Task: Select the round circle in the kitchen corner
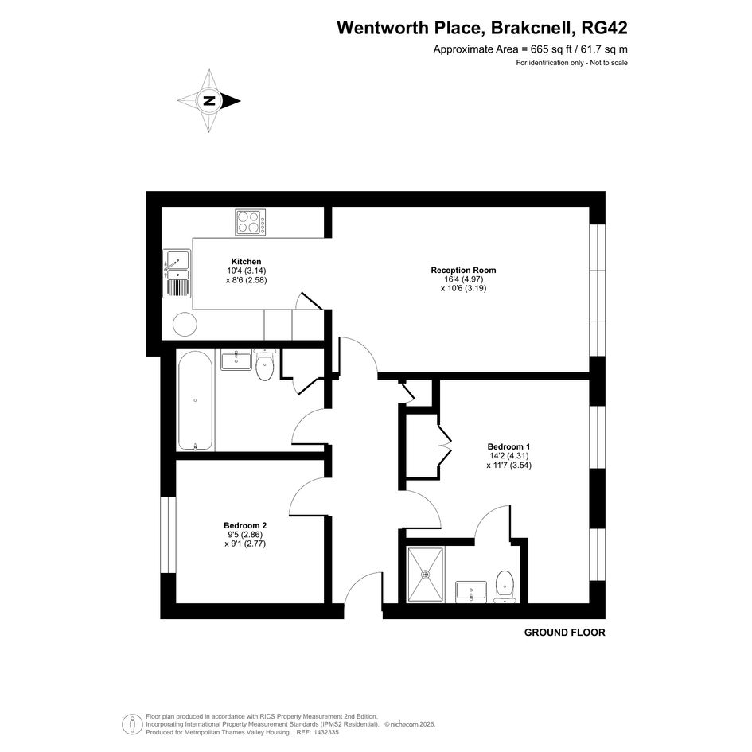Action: (185, 324)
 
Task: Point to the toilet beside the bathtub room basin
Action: (264, 364)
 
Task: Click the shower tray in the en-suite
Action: (426, 574)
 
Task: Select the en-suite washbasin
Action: (471, 590)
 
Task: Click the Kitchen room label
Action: (246, 261)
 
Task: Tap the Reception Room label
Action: (463, 270)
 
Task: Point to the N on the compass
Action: (209, 101)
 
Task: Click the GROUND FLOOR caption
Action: (564, 633)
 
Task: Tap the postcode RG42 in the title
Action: (604, 28)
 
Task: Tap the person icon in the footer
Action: (131, 724)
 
